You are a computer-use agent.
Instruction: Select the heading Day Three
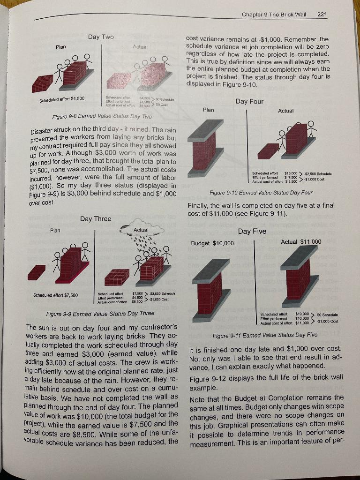(x=96, y=219)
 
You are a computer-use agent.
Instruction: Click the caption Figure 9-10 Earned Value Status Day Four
(x=261, y=193)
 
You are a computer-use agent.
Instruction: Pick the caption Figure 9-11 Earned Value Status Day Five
(x=265, y=335)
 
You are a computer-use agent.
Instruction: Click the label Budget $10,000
(x=212, y=243)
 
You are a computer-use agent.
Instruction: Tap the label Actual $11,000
(x=301, y=242)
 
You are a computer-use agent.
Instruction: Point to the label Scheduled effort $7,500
(x=56, y=295)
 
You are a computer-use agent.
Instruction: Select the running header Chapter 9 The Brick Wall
(x=274, y=14)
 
